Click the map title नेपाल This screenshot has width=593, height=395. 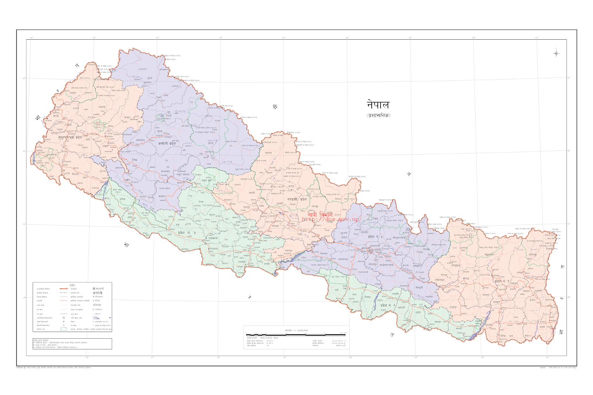coord(378,105)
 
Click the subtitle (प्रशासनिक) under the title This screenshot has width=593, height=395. coord(378,115)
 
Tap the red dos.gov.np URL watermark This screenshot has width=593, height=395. coord(331,219)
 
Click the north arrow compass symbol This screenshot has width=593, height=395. coord(556,53)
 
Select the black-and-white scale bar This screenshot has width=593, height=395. coord(296,335)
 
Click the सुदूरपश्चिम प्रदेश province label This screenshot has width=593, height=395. coord(70,137)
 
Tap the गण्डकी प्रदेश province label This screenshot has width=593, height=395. coord(297,199)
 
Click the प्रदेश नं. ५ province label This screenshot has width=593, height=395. coord(186,233)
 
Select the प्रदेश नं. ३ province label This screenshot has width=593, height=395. coord(375,236)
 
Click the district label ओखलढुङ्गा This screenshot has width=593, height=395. coord(440,280)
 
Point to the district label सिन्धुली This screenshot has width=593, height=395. coord(419,288)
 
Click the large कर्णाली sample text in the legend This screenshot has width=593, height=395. coord(97,293)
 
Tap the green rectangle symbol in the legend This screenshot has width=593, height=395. coord(64,329)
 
